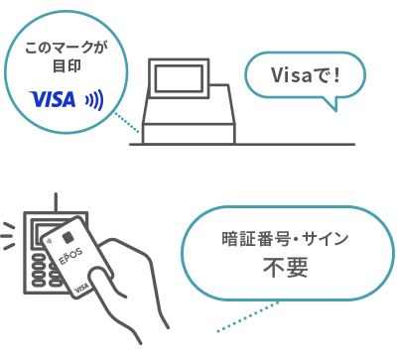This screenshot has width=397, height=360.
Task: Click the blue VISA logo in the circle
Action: (x=53, y=99)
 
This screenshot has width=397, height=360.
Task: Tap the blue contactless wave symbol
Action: (x=95, y=100)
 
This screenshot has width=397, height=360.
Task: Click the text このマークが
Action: (x=66, y=48)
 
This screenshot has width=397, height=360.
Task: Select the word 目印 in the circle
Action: (x=66, y=65)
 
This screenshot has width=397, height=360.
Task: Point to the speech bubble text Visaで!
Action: (x=306, y=75)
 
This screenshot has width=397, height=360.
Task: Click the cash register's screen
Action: (x=179, y=78)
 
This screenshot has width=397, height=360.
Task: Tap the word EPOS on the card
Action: (x=70, y=256)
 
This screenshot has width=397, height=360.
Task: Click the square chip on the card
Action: (x=68, y=237)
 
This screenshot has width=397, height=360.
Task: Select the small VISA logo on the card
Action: (x=81, y=289)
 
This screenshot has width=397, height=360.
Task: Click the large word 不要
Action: (x=286, y=268)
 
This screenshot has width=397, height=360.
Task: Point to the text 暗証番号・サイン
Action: (x=285, y=239)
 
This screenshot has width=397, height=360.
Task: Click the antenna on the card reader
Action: (x=56, y=202)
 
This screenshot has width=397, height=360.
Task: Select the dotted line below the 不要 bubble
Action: (x=247, y=316)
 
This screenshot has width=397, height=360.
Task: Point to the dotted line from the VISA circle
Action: (x=127, y=122)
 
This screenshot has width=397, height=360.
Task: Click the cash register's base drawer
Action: (x=189, y=134)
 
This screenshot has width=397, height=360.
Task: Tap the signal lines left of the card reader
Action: (x=8, y=236)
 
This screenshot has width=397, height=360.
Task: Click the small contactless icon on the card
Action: (x=49, y=240)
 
